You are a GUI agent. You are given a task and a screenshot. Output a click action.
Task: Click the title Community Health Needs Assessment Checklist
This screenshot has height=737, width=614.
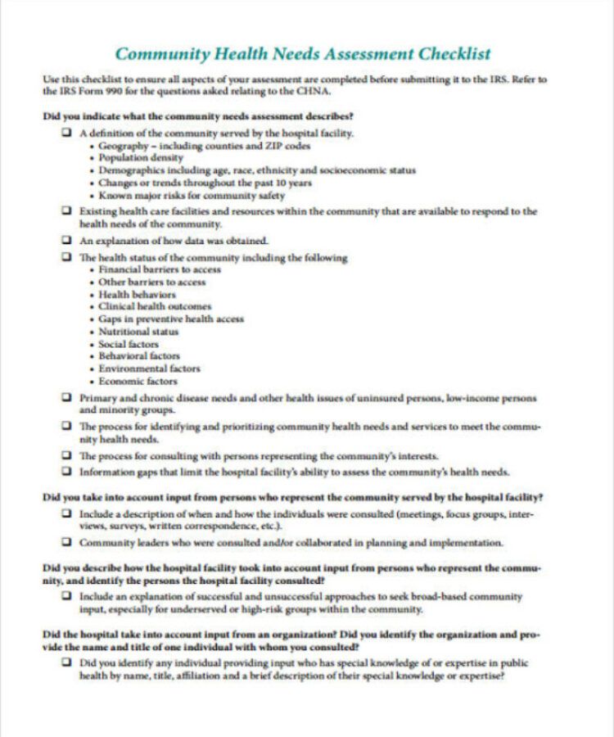(303, 54)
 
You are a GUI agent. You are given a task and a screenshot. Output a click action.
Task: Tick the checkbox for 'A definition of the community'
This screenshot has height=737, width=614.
(65, 133)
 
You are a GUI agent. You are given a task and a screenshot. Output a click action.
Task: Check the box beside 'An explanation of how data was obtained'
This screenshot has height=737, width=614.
(65, 241)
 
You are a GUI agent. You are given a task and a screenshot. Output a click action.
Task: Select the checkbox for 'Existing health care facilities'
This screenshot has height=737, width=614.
(65, 211)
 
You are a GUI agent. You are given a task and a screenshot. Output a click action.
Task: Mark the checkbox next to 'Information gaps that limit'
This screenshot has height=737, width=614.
(65, 472)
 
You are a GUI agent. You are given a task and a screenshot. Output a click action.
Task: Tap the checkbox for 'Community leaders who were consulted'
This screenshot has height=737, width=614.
(65, 542)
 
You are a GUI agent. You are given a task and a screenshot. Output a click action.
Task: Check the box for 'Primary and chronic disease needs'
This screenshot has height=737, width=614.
(65, 398)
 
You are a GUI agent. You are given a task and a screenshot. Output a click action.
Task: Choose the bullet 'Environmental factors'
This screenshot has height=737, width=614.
(149, 368)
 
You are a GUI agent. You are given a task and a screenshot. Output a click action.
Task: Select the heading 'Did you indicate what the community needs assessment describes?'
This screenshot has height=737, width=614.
(198, 115)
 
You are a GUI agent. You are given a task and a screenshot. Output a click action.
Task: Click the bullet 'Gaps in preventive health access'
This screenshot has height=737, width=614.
(171, 319)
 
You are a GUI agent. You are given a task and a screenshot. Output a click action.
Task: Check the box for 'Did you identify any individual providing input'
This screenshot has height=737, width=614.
(65, 662)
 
